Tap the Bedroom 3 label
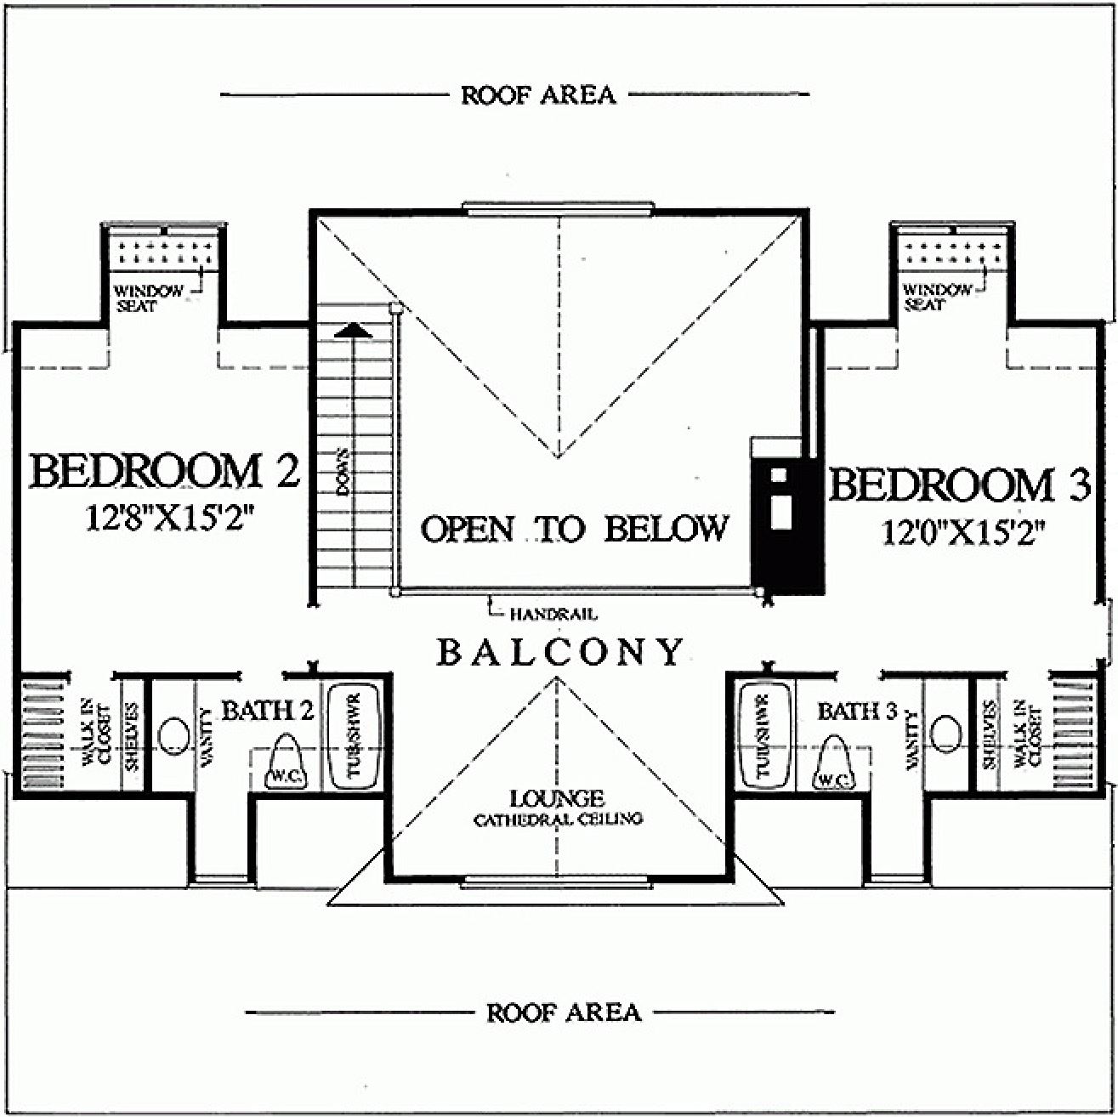point(959,485)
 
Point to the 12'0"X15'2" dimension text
point(962,534)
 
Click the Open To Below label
point(575,529)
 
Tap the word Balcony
point(559,653)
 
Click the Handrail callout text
point(553,613)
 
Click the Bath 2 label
point(268,710)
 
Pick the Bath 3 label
point(857,711)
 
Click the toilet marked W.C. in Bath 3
point(834,763)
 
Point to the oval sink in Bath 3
point(945,732)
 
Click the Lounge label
point(557,798)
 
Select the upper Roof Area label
point(538,95)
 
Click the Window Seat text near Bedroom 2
point(149,298)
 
